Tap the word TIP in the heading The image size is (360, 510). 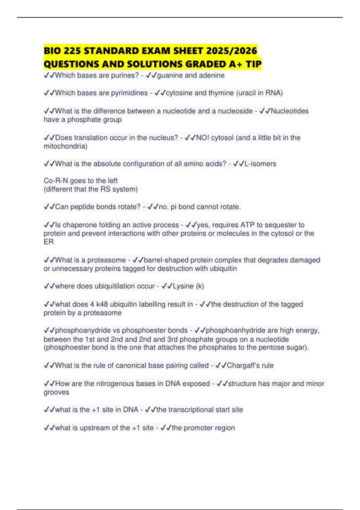click(253, 64)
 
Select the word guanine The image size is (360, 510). click(170, 75)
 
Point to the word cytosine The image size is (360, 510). click(179, 93)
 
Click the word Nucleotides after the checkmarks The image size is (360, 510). click(289, 111)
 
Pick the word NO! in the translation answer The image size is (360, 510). click(202, 138)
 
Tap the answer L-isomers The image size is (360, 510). click(260, 164)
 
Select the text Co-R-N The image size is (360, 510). click(56, 181)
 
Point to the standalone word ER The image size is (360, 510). click(48, 242)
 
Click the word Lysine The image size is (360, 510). click(183, 286)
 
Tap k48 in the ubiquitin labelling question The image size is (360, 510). click(102, 304)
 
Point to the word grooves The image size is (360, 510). click(56, 392)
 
